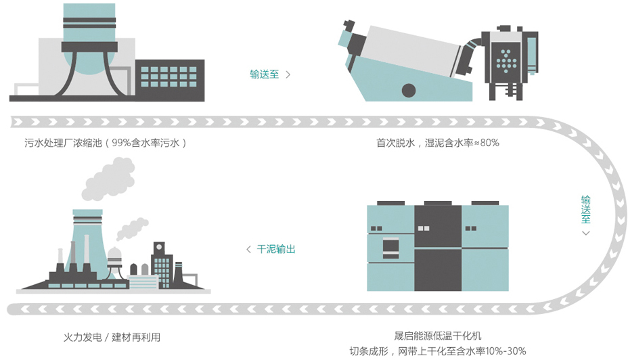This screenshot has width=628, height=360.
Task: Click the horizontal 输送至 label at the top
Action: pos(264,74)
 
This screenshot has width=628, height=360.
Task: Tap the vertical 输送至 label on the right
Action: pos(585,210)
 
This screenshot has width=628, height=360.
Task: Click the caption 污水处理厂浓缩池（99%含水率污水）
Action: pos(105,143)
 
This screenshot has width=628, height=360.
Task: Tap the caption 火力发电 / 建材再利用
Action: pos(112,337)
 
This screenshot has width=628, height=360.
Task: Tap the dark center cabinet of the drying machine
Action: pos(437,247)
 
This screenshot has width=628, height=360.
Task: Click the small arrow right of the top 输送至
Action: pos(288,74)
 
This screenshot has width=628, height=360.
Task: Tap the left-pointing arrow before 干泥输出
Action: pos(248,250)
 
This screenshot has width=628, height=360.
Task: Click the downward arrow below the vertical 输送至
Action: pos(585,233)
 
